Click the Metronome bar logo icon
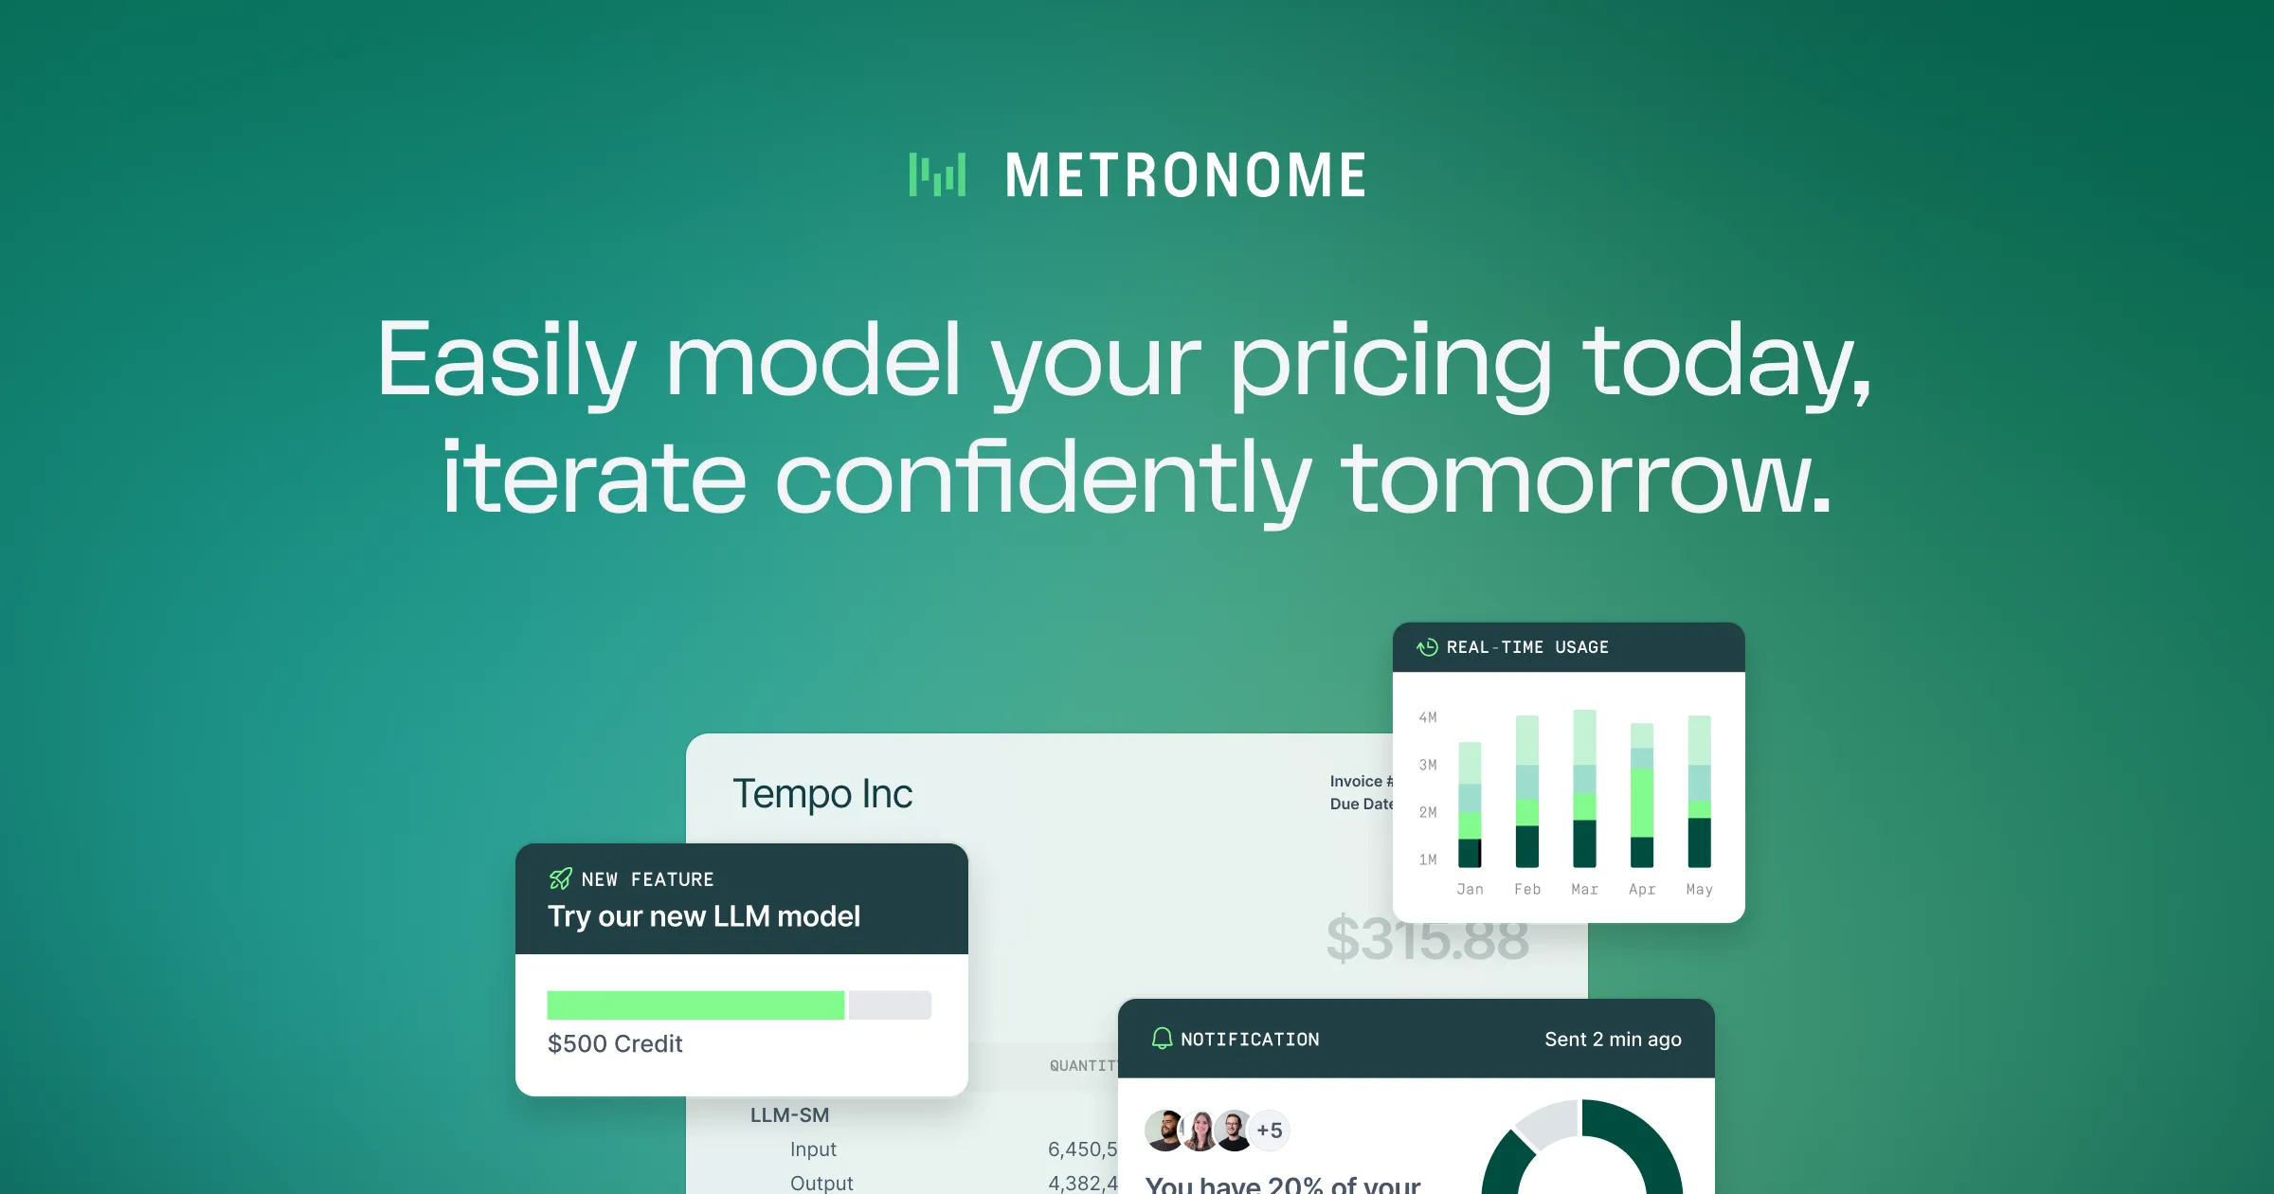click(x=937, y=174)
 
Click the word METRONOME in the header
click(x=1185, y=176)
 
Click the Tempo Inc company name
click(x=821, y=794)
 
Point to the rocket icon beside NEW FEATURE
click(x=561, y=878)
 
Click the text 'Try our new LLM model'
click(x=703, y=916)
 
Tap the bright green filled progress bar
click(x=695, y=1004)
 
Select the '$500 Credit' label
click(x=614, y=1043)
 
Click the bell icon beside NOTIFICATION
click(x=1162, y=1039)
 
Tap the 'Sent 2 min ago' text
click(x=1613, y=1039)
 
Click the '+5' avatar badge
click(x=1269, y=1130)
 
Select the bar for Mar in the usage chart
click(x=1584, y=788)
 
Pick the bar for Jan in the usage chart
click(x=1470, y=805)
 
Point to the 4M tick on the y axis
click(x=1428, y=717)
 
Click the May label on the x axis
click(x=1699, y=889)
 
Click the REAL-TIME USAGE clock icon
click(x=1427, y=647)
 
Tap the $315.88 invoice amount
click(x=1427, y=939)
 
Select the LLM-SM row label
click(x=789, y=1115)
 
